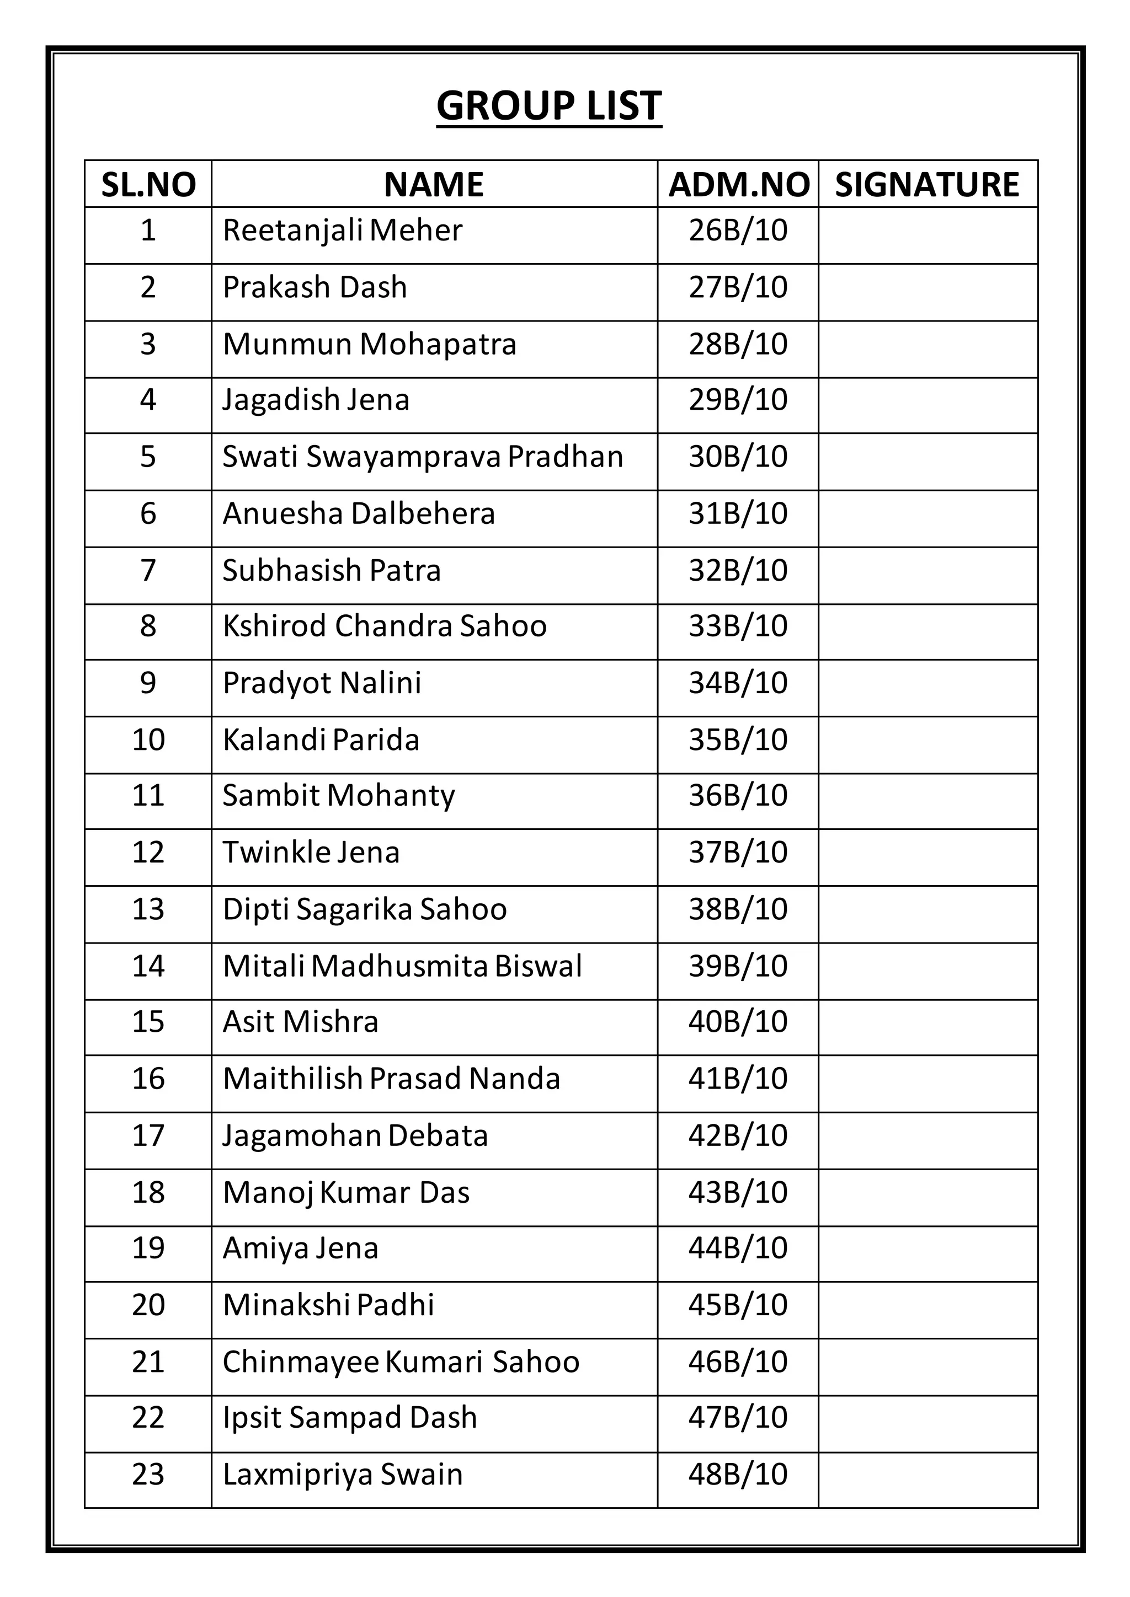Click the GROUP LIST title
coord(549,106)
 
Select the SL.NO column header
coord(148,185)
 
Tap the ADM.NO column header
coord(738,185)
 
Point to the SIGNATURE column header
coord(927,185)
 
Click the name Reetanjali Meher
coord(342,231)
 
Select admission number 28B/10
coord(738,344)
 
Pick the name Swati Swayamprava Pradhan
coord(422,457)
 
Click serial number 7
coord(148,570)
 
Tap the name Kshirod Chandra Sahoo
coord(384,626)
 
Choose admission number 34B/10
coord(738,683)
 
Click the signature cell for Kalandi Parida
coord(928,744)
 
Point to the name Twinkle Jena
coord(311,853)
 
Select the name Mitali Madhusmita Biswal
coord(402,966)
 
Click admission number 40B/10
coord(738,1022)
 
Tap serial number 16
coord(148,1079)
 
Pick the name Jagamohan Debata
coord(355,1136)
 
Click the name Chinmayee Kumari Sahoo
coord(401,1362)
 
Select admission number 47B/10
coord(738,1418)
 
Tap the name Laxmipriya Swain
coord(342,1475)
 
